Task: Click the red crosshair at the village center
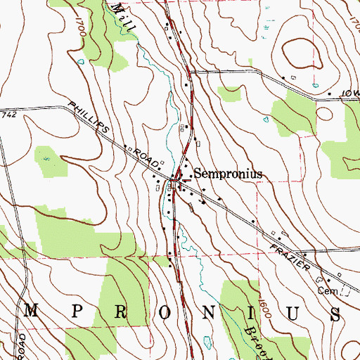click(x=181, y=182)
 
